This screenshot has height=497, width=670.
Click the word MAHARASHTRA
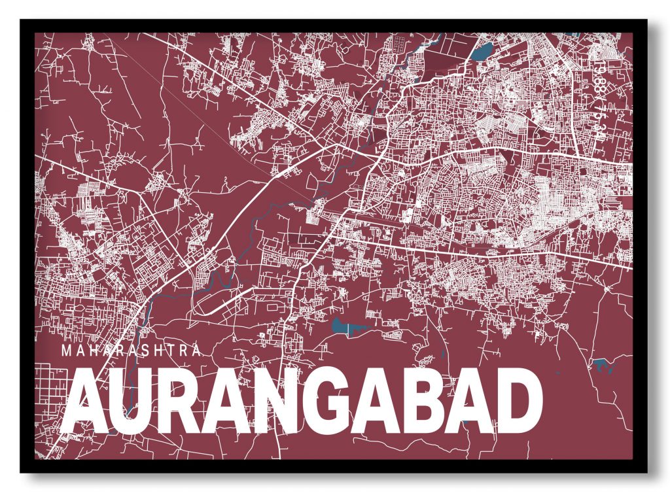point(131,351)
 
